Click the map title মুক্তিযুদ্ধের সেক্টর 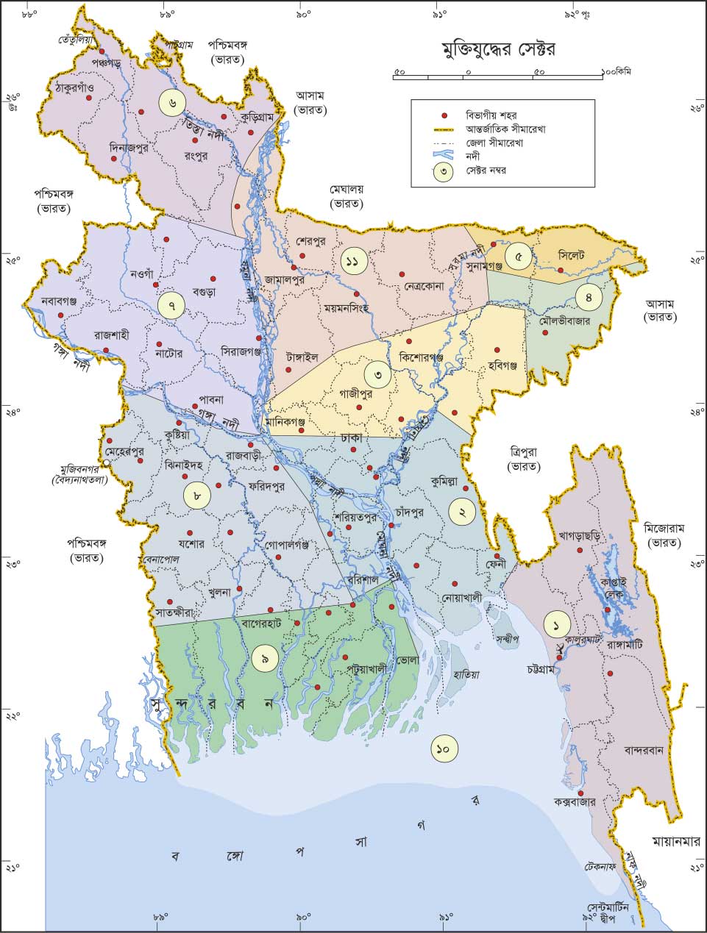[x=498, y=50]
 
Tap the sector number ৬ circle [x=171, y=101]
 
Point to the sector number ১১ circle [x=354, y=260]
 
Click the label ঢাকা [x=352, y=437]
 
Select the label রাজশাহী [x=111, y=335]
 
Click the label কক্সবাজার [x=579, y=803]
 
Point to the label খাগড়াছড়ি [x=580, y=536]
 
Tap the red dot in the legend [x=444, y=116]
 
